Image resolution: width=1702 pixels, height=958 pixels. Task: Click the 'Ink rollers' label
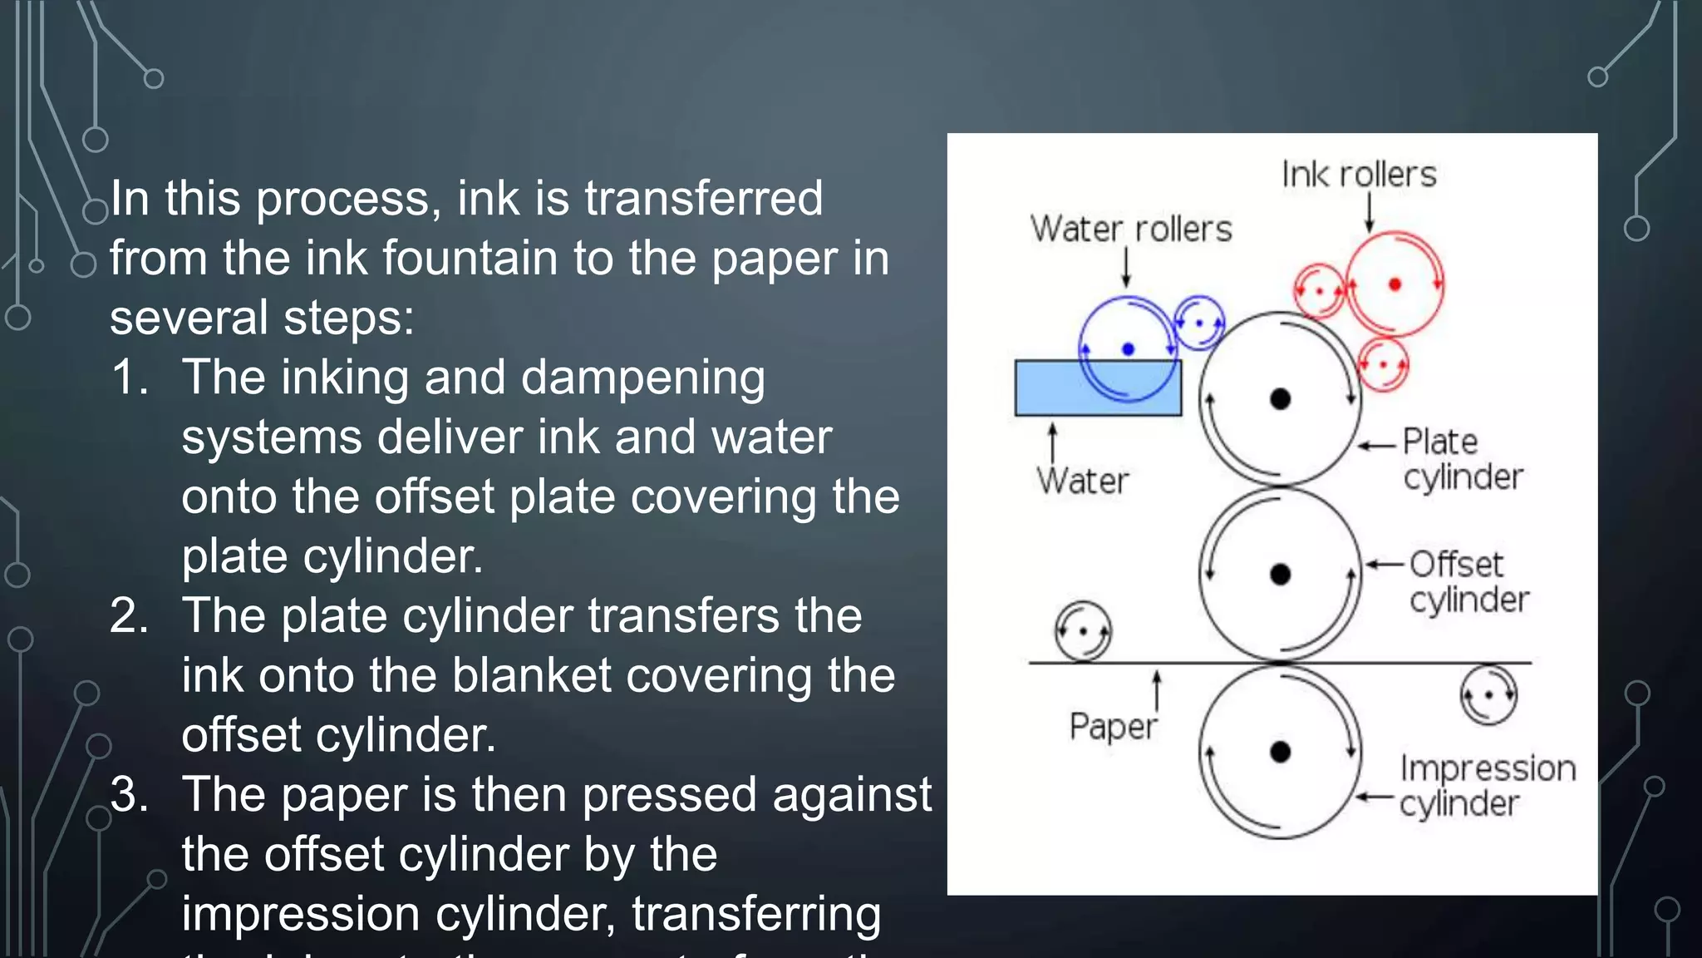tap(1359, 175)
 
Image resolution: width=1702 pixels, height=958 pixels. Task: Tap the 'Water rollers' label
tap(1131, 229)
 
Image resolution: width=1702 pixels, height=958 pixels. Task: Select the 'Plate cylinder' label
tap(1462, 459)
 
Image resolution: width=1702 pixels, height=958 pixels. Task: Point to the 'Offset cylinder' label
tap(1468, 581)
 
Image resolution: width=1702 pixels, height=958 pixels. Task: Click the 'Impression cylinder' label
tap(1487, 785)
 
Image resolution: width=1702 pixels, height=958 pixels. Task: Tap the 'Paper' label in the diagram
tap(1113, 726)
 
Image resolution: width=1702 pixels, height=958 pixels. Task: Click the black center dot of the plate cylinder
tap(1281, 399)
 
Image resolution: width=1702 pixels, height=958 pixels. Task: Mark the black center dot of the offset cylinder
tap(1281, 574)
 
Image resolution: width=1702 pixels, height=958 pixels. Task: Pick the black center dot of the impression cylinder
tap(1281, 752)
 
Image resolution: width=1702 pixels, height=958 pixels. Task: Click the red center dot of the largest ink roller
tap(1395, 284)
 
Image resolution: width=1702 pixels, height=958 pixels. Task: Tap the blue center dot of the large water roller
tap(1128, 349)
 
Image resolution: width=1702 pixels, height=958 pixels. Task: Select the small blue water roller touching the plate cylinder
tap(1199, 323)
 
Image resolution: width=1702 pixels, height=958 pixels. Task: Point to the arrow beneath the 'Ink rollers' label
tap(1370, 212)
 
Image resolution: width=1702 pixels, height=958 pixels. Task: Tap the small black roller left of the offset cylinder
tap(1083, 631)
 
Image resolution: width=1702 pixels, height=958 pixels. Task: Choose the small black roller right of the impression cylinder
tap(1488, 694)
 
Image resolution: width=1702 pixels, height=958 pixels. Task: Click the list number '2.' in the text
tap(129, 616)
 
